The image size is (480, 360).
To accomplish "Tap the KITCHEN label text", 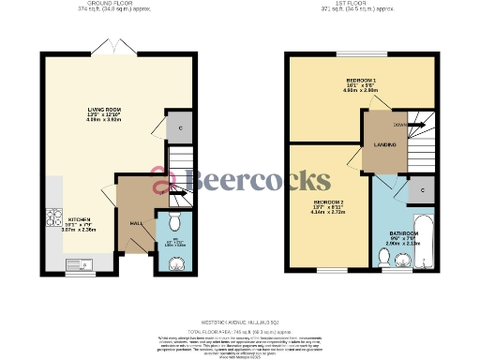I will [66, 217].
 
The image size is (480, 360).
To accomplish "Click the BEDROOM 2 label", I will [327, 202].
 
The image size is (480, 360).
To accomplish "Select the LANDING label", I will [384, 144].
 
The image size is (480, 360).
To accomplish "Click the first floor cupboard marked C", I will [422, 190].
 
